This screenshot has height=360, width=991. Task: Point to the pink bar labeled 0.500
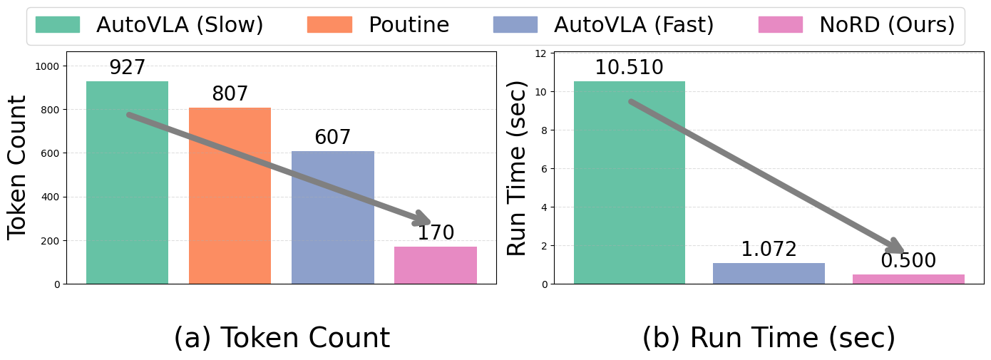(x=908, y=279)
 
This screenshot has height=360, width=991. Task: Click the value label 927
(x=127, y=68)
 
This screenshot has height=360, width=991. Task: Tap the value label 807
(x=230, y=94)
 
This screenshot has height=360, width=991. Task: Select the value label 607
(x=332, y=138)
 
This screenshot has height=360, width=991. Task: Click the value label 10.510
(x=629, y=68)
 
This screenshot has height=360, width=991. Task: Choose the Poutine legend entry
(x=378, y=25)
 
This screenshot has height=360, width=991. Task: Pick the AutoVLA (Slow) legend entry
(x=150, y=25)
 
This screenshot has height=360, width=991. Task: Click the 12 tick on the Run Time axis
(x=540, y=53)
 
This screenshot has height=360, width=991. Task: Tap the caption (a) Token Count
(x=282, y=338)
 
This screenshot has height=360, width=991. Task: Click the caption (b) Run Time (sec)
(x=769, y=338)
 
